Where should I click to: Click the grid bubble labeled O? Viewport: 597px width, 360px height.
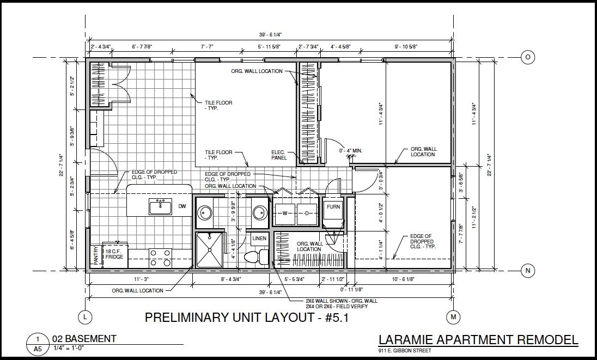click(528, 58)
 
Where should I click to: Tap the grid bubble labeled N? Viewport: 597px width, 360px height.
click(528, 271)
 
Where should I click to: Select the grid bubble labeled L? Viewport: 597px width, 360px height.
click(86, 317)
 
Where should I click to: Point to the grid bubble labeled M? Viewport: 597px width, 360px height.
click(453, 317)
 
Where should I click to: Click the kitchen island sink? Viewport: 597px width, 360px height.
click(160, 207)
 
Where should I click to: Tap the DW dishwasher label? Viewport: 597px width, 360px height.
click(182, 206)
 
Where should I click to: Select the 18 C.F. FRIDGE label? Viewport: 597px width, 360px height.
click(114, 254)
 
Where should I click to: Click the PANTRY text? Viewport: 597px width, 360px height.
click(95, 256)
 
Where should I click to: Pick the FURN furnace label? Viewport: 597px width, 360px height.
click(333, 206)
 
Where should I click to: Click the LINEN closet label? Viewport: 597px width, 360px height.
click(259, 239)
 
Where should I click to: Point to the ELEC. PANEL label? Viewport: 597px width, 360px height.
click(279, 155)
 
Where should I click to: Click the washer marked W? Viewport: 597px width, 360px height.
click(285, 213)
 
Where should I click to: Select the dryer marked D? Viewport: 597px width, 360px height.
click(307, 213)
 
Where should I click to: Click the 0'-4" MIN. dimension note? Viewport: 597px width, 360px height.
click(351, 151)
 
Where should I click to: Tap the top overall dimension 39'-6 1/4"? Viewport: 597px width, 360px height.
click(270, 35)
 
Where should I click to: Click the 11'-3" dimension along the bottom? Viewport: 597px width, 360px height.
click(141, 279)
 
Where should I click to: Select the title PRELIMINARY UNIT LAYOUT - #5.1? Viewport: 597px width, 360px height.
click(247, 317)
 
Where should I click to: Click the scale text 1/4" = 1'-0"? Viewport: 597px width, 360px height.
click(69, 348)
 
